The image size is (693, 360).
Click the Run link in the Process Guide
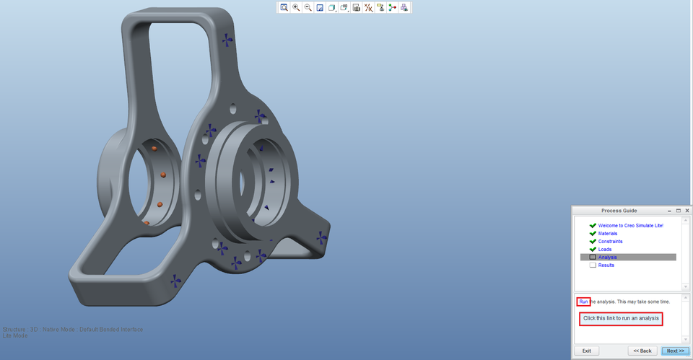tap(583, 302)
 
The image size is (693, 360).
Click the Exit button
tap(586, 351)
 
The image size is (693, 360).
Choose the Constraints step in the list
tap(610, 242)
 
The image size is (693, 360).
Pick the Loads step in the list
tap(604, 250)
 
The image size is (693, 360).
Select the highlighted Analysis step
tap(607, 258)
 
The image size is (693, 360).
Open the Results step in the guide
tap(606, 265)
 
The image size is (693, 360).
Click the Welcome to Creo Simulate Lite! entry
tap(630, 226)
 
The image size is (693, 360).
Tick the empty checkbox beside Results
tap(593, 265)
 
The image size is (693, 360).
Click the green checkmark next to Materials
tap(593, 234)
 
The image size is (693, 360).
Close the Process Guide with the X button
tap(687, 211)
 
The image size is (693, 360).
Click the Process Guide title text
tap(619, 211)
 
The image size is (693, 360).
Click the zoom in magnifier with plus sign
tap(296, 8)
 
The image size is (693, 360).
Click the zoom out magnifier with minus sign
tap(308, 8)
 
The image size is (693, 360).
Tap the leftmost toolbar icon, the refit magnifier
tap(284, 8)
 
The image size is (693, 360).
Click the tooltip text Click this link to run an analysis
tap(621, 318)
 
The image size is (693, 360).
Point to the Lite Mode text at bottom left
tap(15, 336)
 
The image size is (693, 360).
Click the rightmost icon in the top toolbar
tap(404, 8)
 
